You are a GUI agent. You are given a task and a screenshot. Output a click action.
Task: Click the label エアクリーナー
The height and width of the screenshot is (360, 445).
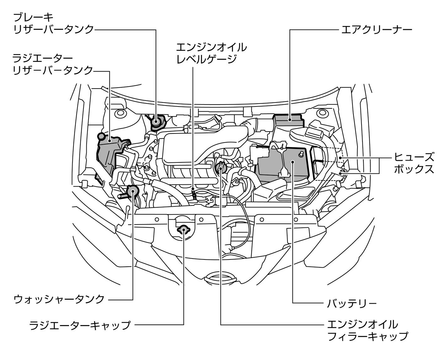pyautogui.click(x=376, y=30)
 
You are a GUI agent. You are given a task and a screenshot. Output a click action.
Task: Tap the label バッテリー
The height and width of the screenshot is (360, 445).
pyautogui.click(x=351, y=303)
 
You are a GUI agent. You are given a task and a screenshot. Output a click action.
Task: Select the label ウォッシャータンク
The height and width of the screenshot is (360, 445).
pyautogui.click(x=59, y=299)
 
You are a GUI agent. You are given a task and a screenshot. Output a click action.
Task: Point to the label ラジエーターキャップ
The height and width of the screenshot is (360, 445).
pyautogui.click(x=80, y=325)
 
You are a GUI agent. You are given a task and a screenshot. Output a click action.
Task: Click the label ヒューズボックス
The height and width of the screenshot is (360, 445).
pyautogui.click(x=414, y=163)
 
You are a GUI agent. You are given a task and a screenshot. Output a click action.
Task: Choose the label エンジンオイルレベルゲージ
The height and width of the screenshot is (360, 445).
pyautogui.click(x=211, y=53)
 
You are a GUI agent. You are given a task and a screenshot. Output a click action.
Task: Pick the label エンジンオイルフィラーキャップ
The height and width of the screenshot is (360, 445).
pyautogui.click(x=367, y=330)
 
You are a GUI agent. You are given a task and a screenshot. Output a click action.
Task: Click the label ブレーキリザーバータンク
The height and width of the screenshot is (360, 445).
pyautogui.click(x=53, y=24)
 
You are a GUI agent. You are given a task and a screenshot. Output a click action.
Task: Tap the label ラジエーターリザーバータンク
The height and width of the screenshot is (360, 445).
pyautogui.click(x=53, y=64)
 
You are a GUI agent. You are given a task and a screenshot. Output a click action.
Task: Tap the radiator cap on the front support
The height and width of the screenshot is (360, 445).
pyautogui.click(x=184, y=230)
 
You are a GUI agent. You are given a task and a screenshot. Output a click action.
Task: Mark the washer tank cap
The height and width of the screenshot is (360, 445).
pyautogui.click(x=132, y=191)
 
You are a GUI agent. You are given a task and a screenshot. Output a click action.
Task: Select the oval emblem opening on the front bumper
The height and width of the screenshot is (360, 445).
pyautogui.click(x=221, y=278)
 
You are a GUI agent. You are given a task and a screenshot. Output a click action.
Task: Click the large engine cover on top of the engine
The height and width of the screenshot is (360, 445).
pyautogui.click(x=188, y=148)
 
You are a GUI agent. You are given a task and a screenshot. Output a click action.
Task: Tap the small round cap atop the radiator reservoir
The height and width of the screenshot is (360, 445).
pyautogui.click(x=101, y=136)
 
